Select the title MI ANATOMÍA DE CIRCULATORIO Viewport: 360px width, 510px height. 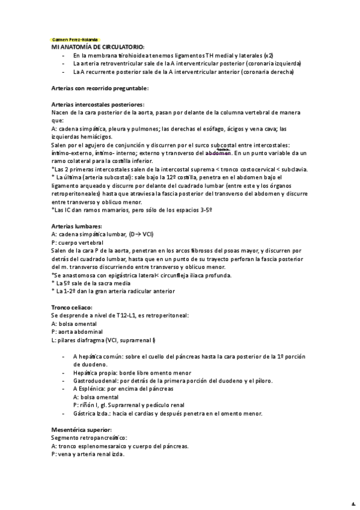pos(98,46)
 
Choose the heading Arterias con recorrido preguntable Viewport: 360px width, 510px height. pos(100,88)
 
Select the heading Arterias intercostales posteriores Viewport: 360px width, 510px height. pos(97,104)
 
